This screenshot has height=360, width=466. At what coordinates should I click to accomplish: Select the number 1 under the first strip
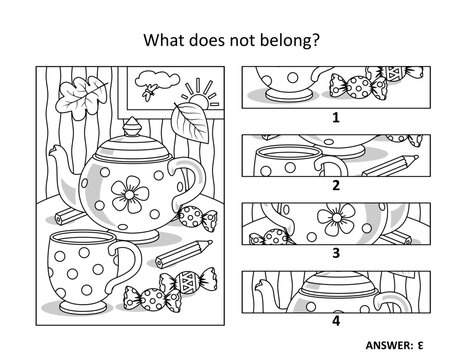336,117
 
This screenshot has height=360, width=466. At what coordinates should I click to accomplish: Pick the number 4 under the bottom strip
336,320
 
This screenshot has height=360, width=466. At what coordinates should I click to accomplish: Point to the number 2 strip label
336,185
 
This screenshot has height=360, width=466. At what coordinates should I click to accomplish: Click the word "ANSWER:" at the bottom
389,345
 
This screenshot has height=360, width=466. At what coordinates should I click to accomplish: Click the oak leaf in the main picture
81,97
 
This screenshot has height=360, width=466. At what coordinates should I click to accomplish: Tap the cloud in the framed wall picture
157,80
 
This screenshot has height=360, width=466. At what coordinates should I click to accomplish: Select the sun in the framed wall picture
200,97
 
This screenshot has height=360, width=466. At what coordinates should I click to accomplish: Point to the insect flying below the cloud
148,92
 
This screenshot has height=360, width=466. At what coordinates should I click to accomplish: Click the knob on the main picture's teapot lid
132,127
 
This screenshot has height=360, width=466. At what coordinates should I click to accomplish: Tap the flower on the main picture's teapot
130,195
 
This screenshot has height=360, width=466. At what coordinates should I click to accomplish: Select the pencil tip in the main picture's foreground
210,243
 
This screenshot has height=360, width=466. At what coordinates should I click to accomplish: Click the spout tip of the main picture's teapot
53,151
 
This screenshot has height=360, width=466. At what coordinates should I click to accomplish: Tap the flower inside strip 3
336,218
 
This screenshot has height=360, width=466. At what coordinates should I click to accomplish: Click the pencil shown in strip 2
390,166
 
